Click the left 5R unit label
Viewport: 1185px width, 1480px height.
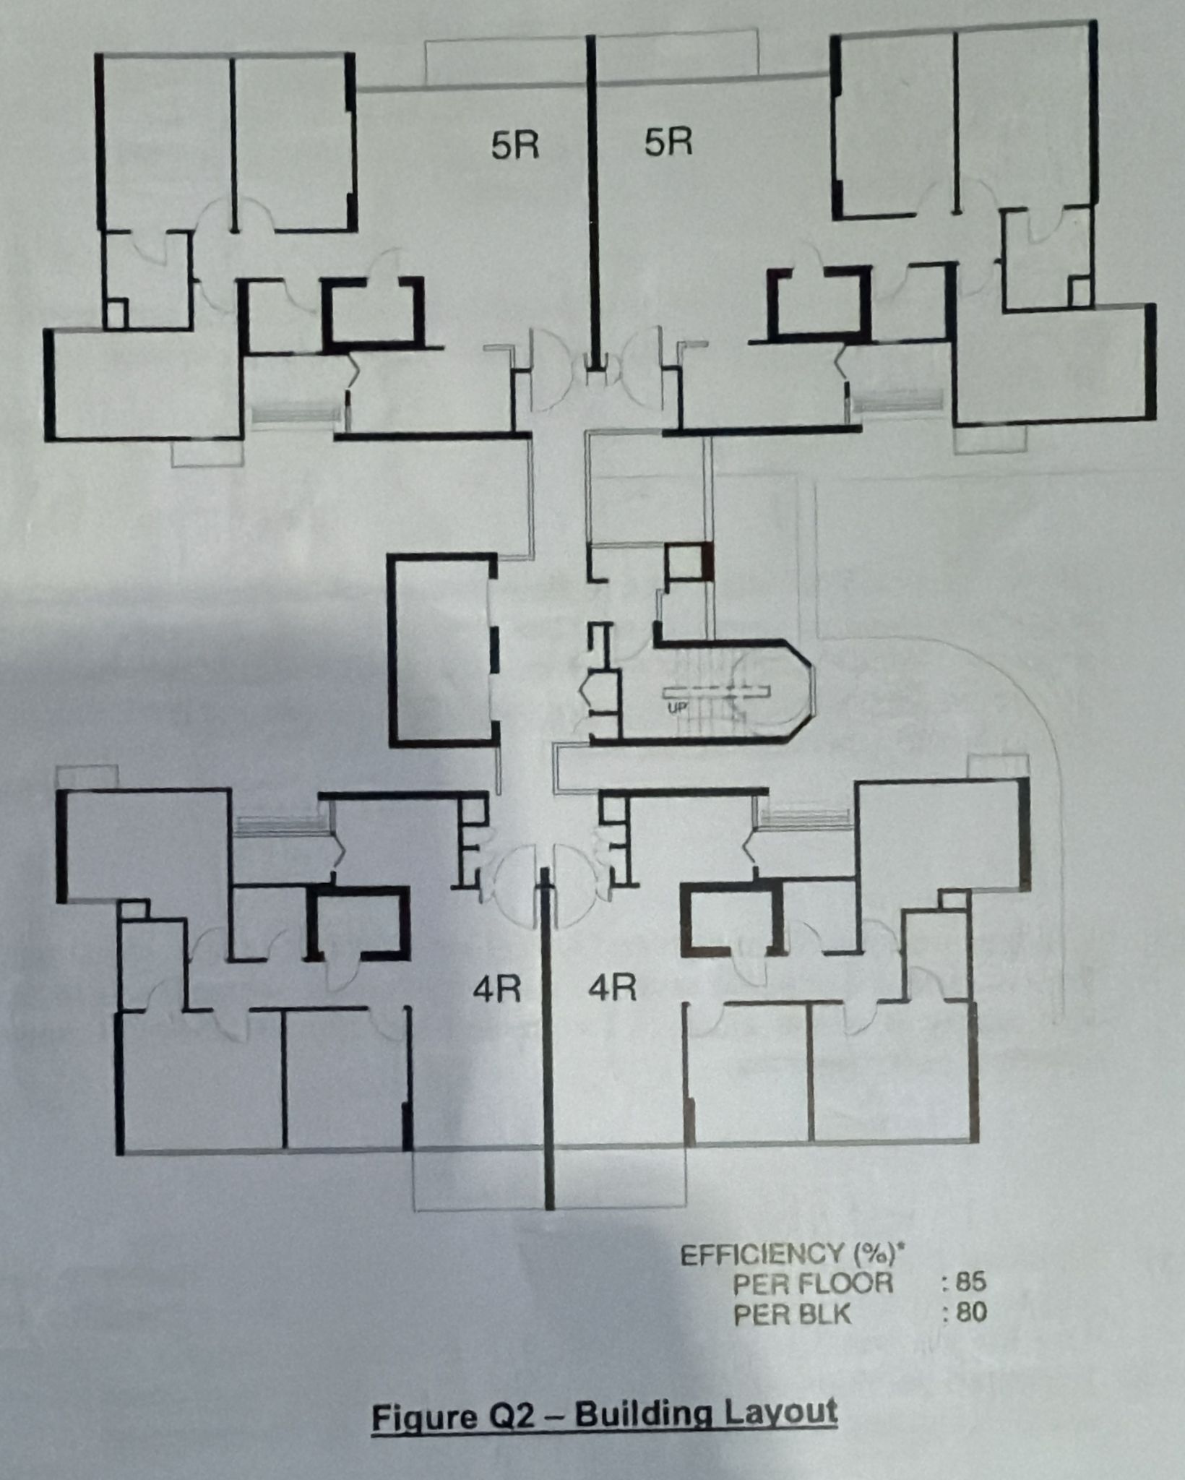515,146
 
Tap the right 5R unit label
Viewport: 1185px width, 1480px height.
668,142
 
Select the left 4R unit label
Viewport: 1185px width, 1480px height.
497,989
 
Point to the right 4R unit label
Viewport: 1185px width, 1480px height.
613,987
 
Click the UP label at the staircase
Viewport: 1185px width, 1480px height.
677,708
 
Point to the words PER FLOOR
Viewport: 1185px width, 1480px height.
813,1283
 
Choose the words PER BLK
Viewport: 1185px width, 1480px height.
793,1315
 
